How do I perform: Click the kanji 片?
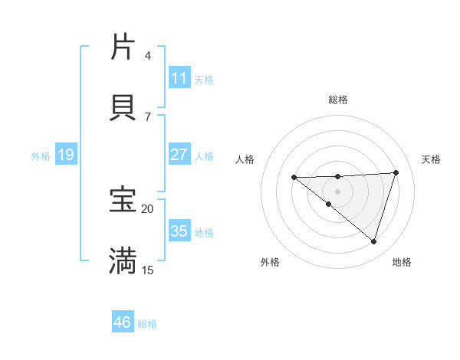[x=123, y=47]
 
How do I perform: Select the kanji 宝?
[x=123, y=201]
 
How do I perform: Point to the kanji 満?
[x=123, y=261]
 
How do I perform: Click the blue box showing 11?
[x=179, y=77]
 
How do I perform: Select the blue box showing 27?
[x=179, y=155]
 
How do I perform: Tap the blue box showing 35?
[x=179, y=231]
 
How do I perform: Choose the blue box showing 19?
[x=65, y=155]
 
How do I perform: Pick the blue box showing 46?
[x=123, y=322]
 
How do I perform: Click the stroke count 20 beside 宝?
[x=148, y=208]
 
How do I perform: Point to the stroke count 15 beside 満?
[x=148, y=270]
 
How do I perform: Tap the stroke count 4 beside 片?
[x=148, y=55]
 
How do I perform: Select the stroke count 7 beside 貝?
[x=148, y=116]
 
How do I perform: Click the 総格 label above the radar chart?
[x=338, y=100]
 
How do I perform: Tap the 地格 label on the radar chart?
[x=402, y=263]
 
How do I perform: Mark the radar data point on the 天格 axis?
[x=396, y=172]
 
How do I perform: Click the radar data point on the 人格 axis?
[x=294, y=178]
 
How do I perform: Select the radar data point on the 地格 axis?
[x=373, y=241]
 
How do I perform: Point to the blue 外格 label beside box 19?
[x=41, y=155]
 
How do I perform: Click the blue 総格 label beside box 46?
[x=147, y=324]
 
